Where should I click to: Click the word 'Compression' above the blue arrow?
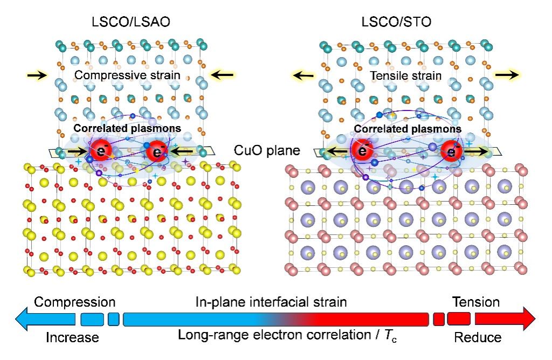75,302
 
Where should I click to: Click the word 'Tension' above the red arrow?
476,302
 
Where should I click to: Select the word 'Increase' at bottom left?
72,338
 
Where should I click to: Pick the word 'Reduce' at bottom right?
478,338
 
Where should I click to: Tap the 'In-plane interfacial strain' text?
271,302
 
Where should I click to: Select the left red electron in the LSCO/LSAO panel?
100,150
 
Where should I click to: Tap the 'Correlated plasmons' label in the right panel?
407,129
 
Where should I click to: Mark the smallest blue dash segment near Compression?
113,319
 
